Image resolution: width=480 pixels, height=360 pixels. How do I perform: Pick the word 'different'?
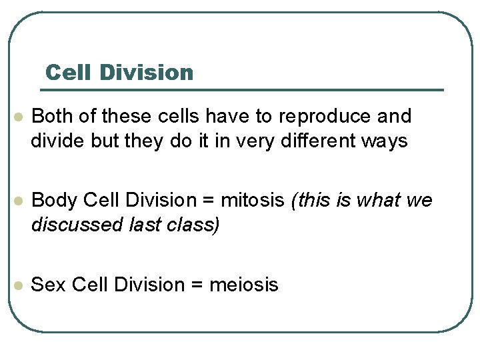pyautogui.click(x=316, y=141)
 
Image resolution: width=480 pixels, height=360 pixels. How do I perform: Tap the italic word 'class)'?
pyautogui.click(x=193, y=225)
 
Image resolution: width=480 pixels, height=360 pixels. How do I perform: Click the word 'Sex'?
pyautogui.click(x=49, y=285)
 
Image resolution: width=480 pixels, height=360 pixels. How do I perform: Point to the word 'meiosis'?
pyautogui.click(x=244, y=285)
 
